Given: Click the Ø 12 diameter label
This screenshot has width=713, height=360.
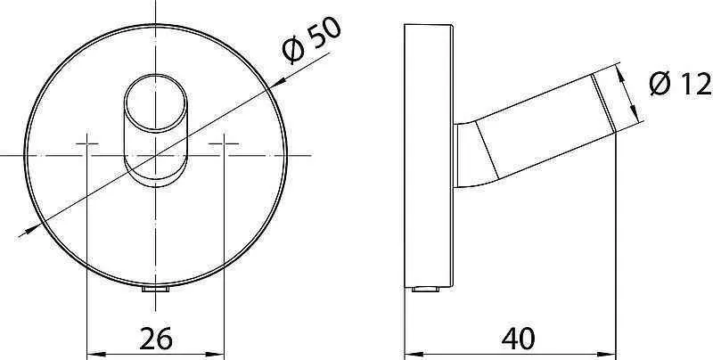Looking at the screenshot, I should point(678,86).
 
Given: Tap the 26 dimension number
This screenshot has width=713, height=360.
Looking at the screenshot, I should point(155,339).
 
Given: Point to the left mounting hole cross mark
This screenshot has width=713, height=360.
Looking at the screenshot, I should point(86,143).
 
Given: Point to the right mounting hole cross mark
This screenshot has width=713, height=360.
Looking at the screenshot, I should point(225,143).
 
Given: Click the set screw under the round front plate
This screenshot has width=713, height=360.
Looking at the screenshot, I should point(156,291).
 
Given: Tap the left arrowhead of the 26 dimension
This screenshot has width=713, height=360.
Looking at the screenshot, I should point(90,350).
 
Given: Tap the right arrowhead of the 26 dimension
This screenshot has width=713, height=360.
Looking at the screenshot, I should point(220,350).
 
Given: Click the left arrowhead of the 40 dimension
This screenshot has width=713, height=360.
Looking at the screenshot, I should point(411,350).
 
